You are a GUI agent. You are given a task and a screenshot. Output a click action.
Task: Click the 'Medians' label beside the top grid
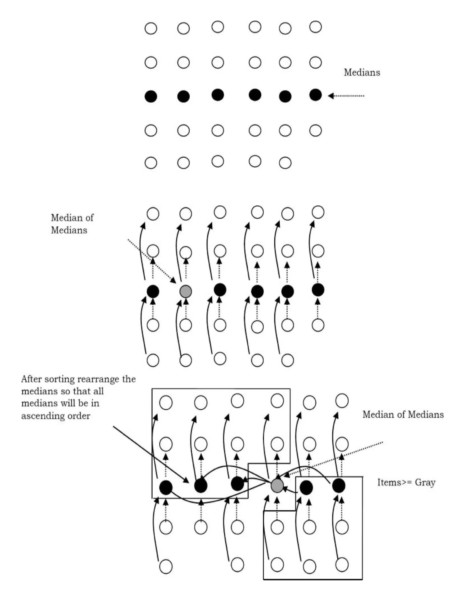[362, 72]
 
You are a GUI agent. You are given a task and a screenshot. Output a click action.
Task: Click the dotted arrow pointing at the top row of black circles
[346, 96]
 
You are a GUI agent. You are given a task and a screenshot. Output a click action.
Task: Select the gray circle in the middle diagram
[186, 291]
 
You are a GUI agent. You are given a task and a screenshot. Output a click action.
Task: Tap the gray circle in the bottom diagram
[277, 486]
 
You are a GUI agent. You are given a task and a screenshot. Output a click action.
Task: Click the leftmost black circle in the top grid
[151, 96]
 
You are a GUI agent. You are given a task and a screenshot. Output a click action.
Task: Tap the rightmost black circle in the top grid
[315, 95]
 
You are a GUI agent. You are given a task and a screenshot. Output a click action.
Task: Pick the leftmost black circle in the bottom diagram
[166, 487]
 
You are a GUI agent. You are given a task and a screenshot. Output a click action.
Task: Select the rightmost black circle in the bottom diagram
[339, 486]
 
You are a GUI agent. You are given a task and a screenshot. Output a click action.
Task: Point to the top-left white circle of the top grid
[151, 28]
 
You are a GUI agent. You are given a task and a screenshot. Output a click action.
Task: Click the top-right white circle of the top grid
[315, 27]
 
